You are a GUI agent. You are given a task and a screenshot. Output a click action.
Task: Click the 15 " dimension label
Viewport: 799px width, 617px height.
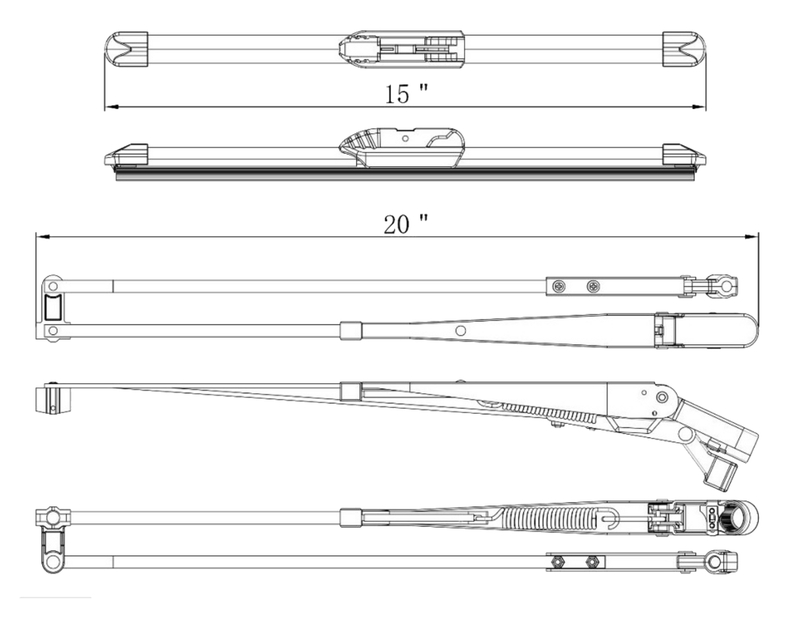pos(406,94)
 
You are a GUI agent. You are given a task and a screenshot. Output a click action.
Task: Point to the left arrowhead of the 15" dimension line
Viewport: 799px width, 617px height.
pos(111,107)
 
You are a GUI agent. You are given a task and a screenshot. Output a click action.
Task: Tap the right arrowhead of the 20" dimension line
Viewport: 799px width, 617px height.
pos(752,237)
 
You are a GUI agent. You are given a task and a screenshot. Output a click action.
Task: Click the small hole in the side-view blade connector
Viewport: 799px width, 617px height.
pos(405,138)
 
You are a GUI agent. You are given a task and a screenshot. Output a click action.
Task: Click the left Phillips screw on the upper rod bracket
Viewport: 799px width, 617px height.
pos(559,286)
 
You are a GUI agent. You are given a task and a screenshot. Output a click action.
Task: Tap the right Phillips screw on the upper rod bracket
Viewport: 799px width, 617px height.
pos(593,286)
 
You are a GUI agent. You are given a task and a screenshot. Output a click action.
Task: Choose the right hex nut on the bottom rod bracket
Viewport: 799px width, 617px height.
pos(592,562)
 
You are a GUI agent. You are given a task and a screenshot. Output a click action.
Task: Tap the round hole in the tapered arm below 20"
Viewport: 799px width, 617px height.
pos(460,330)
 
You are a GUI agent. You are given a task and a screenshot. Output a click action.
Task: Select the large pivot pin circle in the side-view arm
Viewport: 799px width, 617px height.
pos(662,397)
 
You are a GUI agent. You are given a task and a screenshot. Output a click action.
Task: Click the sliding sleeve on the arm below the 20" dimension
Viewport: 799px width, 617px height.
pos(351,330)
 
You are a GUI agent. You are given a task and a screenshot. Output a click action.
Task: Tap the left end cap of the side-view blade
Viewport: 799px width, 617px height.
pos(126,155)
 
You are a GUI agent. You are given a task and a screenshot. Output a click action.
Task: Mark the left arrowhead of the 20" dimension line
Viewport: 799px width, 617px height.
pos(43,237)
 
